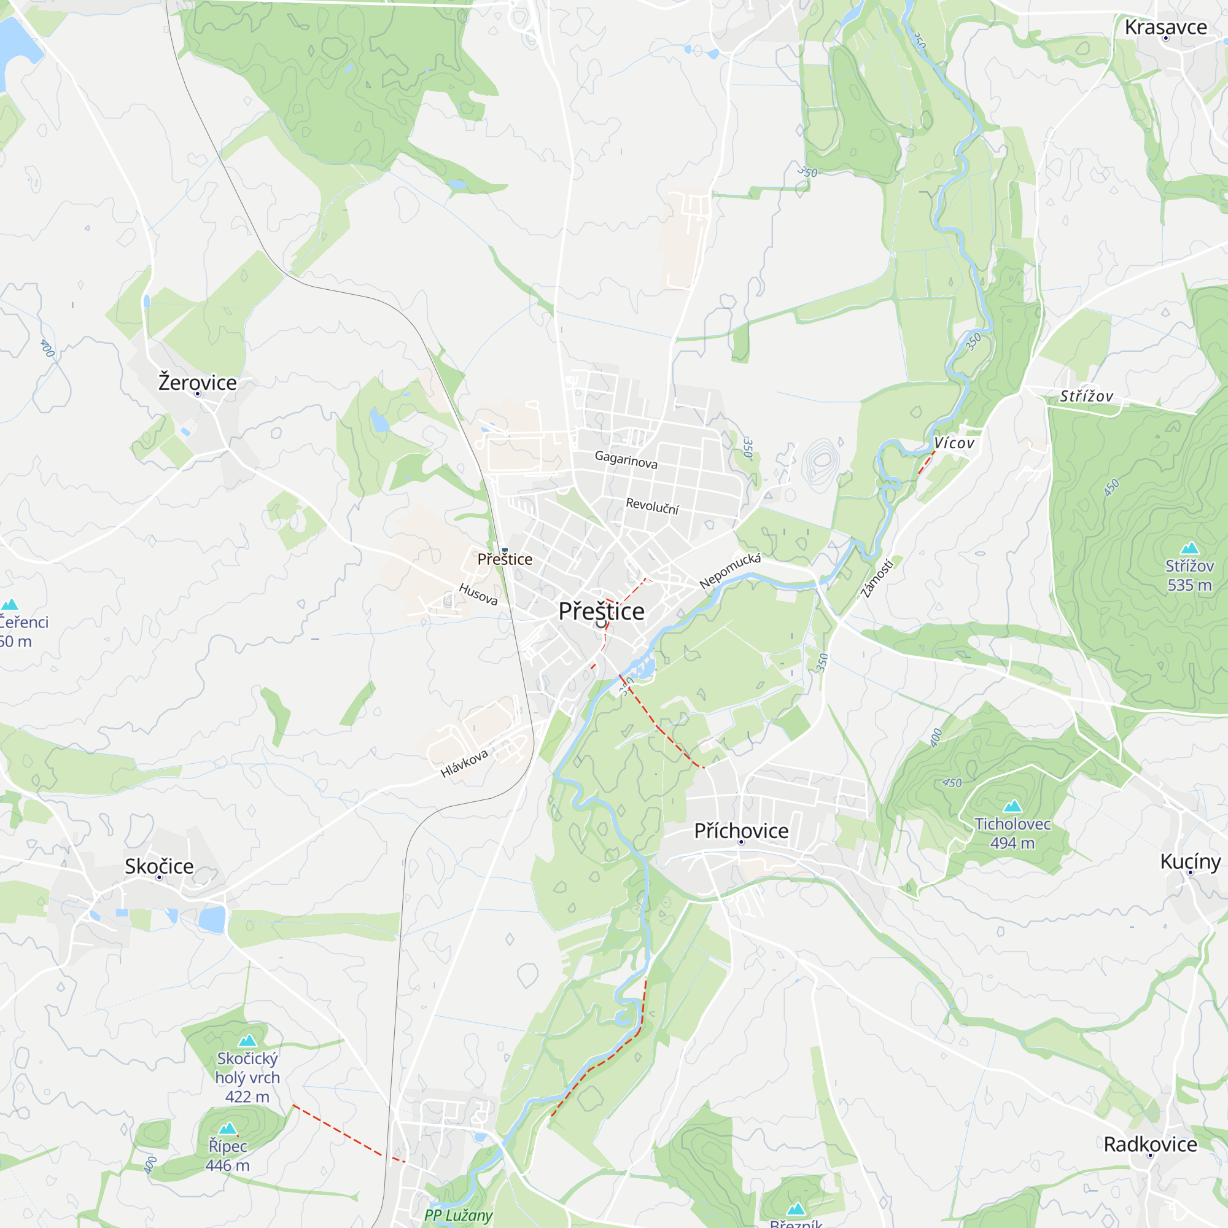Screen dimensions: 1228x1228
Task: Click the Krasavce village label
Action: click(1165, 28)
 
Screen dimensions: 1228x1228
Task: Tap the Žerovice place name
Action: click(197, 383)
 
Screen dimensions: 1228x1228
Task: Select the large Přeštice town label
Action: click(601, 612)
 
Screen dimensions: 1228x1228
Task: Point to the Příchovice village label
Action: click(740, 831)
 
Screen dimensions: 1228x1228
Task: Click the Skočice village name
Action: click(159, 866)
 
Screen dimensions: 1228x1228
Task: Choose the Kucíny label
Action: click(1190, 862)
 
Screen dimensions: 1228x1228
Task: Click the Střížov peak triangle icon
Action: click(1189, 548)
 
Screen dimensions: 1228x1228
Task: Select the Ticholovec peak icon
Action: click(1012, 807)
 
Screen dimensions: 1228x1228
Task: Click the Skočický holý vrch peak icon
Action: click(247, 1041)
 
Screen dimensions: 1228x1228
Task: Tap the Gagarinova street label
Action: click(626, 459)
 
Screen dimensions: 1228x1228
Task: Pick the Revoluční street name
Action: click(652, 506)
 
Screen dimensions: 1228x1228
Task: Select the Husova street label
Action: click(478, 594)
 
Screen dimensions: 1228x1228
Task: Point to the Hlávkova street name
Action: click(464, 763)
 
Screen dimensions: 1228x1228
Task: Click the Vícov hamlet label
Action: click(954, 443)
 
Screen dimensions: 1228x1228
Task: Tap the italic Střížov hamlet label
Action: click(1086, 397)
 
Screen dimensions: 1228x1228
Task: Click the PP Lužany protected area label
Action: click(458, 1215)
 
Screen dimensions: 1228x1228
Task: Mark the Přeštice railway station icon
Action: click(505, 550)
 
